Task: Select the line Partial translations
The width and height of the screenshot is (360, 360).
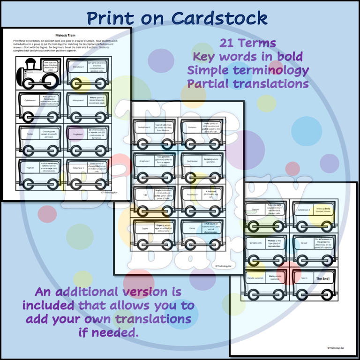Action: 247,84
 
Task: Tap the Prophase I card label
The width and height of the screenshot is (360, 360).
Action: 77,134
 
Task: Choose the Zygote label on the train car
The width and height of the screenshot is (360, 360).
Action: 145,228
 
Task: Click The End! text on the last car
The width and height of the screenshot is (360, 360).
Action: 322,278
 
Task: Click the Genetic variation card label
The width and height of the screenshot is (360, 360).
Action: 256,278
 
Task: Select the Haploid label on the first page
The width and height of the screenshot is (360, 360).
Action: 30,167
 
